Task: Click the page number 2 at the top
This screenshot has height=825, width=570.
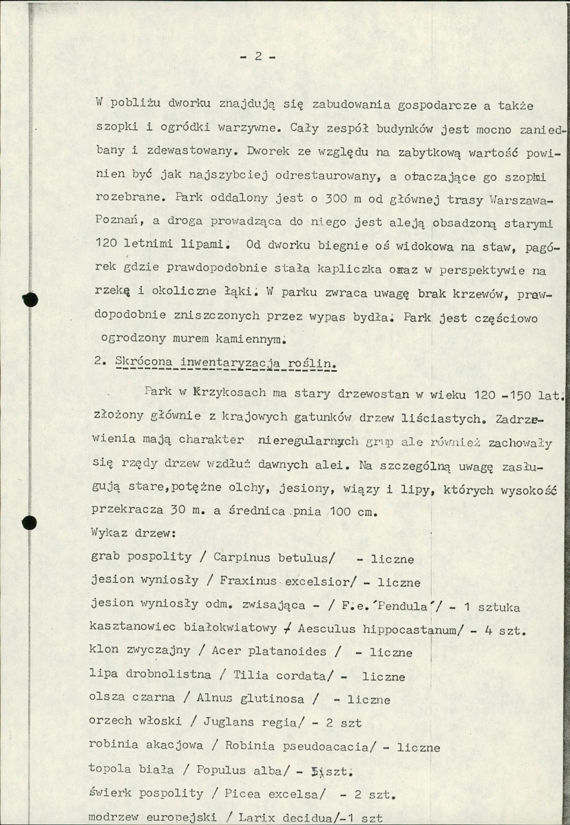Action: click(257, 57)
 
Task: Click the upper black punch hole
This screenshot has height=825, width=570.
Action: click(28, 300)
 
